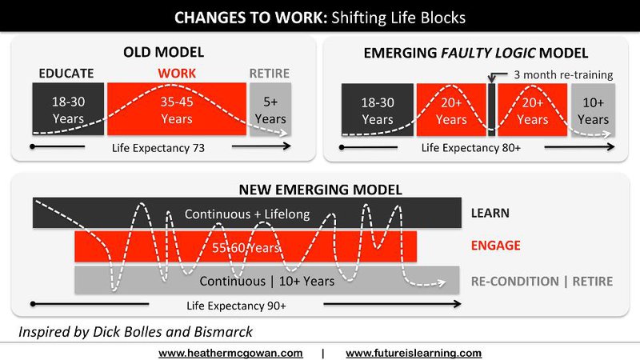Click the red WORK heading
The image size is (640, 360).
point(177,74)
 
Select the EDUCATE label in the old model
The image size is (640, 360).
point(66,74)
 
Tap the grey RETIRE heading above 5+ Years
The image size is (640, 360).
point(270,74)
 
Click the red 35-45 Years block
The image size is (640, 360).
point(177,109)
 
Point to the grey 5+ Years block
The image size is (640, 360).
point(270,109)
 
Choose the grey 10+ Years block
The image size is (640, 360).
point(593,110)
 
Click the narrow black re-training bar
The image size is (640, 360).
point(492,110)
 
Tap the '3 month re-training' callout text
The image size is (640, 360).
point(563,74)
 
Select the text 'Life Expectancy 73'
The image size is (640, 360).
point(158,148)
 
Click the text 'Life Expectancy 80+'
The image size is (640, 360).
point(471,147)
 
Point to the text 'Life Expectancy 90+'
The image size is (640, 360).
point(236,306)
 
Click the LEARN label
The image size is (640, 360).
point(490,213)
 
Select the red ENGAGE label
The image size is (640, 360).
point(495,246)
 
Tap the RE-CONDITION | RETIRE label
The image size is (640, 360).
point(542,282)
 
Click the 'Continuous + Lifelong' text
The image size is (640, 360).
point(247,214)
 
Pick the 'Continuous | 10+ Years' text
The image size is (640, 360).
point(267,281)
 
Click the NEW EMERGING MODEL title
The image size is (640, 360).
point(321,190)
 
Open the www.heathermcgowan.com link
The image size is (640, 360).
point(230,353)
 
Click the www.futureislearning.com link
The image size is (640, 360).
point(414,353)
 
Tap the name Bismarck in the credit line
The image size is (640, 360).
point(223,332)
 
